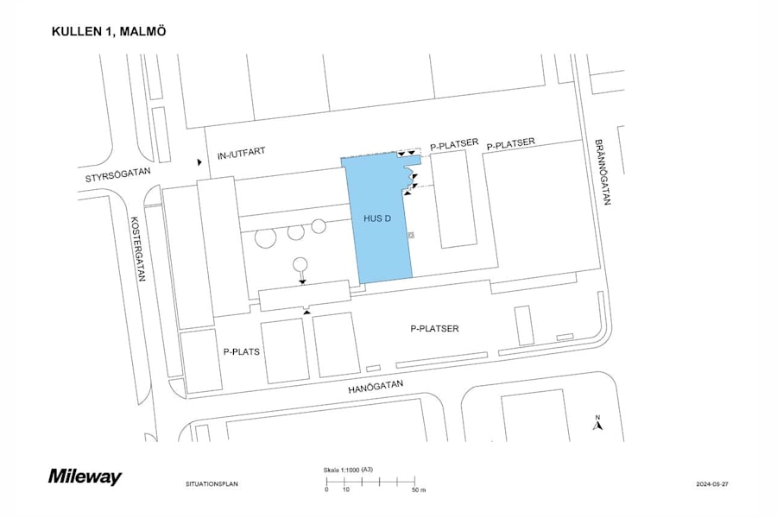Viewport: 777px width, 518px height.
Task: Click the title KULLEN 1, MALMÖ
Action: pyautogui.click(x=109, y=32)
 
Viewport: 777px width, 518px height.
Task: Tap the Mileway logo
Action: pyautogui.click(x=85, y=477)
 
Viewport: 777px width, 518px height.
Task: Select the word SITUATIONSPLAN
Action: pyautogui.click(x=212, y=483)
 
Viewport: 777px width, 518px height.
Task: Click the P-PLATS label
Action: pyautogui.click(x=241, y=352)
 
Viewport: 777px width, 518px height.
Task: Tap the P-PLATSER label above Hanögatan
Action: pyautogui.click(x=434, y=329)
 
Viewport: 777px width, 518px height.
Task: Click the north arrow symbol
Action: pyautogui.click(x=597, y=423)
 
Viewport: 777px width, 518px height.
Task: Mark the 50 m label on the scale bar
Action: pyautogui.click(x=418, y=490)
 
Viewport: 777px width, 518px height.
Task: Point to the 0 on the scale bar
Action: pyautogui.click(x=326, y=490)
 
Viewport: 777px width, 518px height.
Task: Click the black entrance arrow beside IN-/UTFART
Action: pyautogui.click(x=199, y=161)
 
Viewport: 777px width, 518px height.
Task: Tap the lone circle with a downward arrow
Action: pyautogui.click(x=300, y=265)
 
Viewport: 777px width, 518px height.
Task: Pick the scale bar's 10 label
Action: pyautogui.click(x=345, y=490)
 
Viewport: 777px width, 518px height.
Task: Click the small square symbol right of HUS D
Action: pyautogui.click(x=412, y=234)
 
